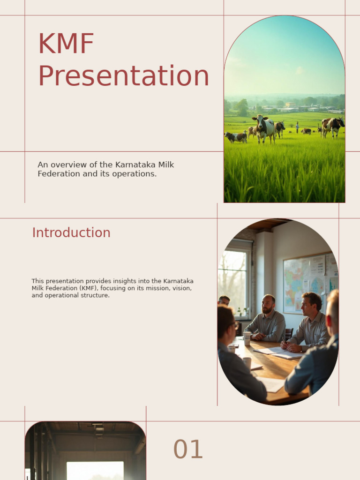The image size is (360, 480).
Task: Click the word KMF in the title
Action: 66,44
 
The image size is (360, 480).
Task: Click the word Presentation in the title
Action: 123,76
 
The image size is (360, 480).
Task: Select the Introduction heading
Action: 71,232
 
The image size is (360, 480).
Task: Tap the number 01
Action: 188,450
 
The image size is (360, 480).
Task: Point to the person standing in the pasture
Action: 297,127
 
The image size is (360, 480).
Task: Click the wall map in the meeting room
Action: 304,283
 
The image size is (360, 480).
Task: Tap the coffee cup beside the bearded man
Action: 247,337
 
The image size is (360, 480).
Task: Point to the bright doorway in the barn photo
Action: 95,470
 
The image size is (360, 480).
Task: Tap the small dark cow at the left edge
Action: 236,137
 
